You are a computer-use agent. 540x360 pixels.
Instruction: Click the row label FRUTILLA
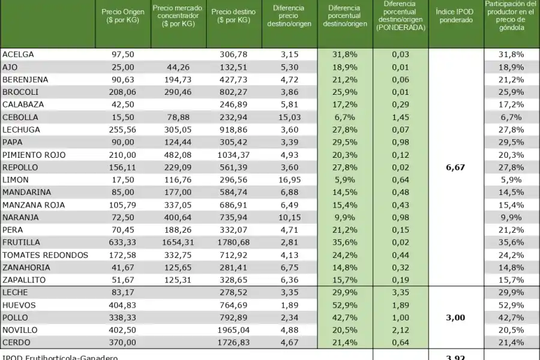[22, 242]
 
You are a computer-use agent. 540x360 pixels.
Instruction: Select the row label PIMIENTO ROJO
[34, 155]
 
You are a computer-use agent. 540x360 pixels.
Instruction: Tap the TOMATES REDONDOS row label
[45, 255]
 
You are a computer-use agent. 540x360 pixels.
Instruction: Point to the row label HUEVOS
[19, 305]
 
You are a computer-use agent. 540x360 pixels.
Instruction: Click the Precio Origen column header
[123, 16]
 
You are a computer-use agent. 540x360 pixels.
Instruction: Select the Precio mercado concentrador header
[178, 16]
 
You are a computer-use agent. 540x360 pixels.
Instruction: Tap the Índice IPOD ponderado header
[456, 16]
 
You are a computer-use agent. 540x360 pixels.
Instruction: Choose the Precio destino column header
[233, 16]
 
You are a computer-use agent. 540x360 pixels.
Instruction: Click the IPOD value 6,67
[455, 167]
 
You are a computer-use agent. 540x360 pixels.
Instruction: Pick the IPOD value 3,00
[455, 317]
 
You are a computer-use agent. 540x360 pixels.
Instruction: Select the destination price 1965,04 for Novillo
[234, 330]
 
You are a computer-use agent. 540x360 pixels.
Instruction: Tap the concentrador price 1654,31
[178, 242]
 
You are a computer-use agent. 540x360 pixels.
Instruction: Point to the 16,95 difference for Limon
[289, 179]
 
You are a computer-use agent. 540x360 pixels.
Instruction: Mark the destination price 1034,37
[234, 155]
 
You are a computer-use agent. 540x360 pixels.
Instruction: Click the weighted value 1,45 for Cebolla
[400, 117]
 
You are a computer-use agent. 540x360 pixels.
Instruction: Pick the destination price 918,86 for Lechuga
[234, 130]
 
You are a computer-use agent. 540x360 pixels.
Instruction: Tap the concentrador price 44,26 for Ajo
[178, 67]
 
